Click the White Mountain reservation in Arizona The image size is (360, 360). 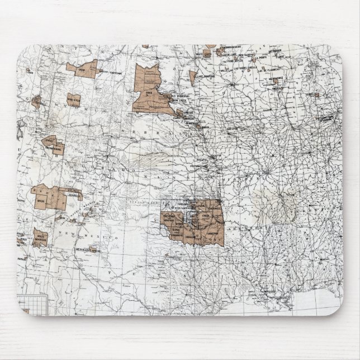point(40,237)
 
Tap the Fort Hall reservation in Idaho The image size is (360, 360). point(36,102)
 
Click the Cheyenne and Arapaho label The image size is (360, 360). point(171,219)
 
